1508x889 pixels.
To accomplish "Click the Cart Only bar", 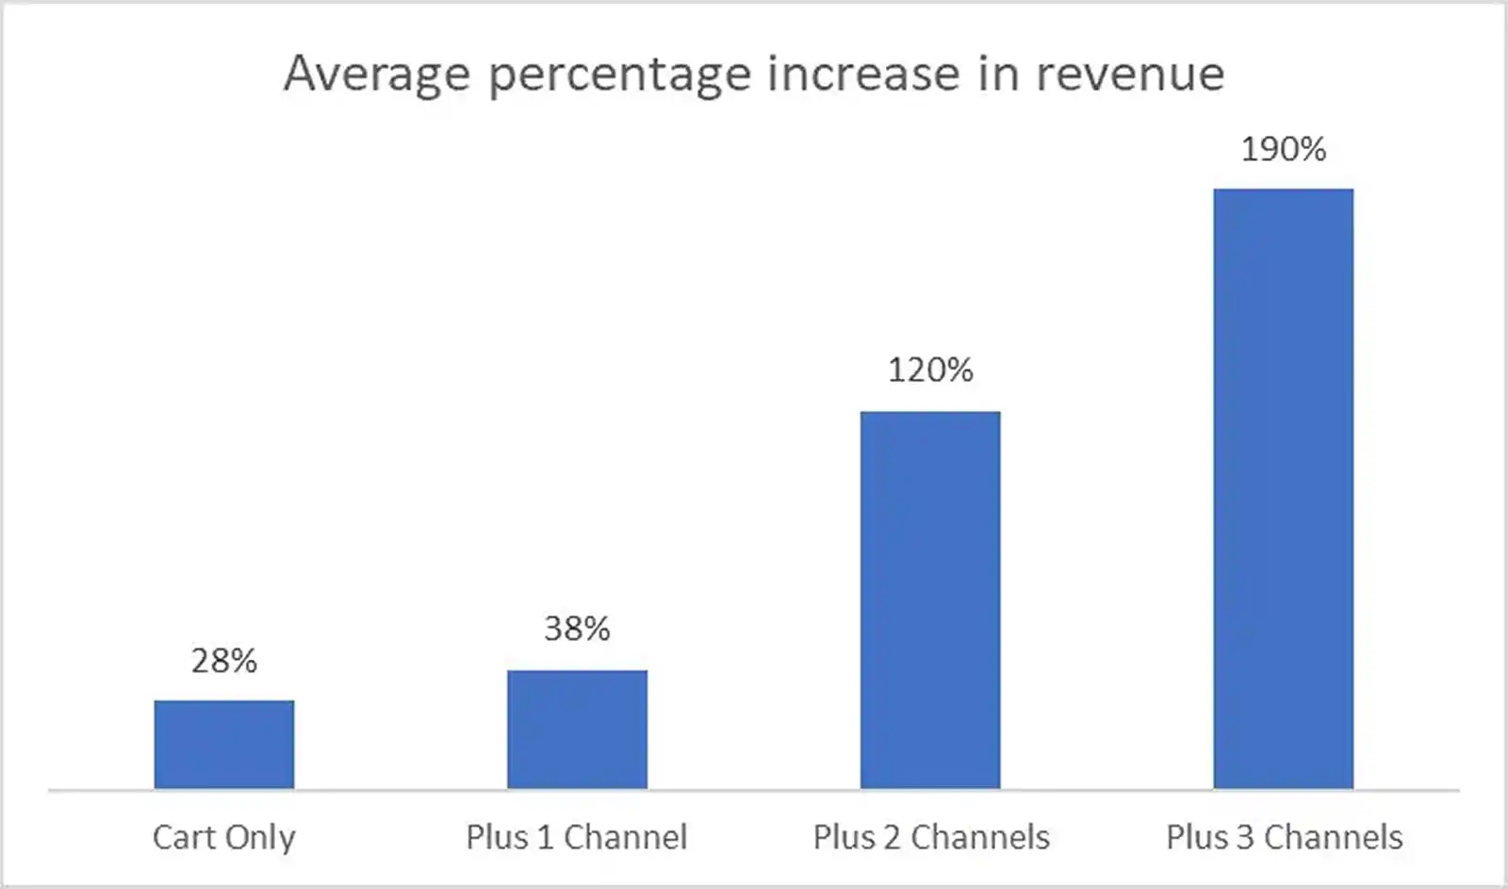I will [224, 744].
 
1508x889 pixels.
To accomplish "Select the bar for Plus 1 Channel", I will [577, 729].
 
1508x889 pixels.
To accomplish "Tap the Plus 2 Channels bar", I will [930, 600].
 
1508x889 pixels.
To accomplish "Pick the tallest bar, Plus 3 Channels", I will [1283, 488].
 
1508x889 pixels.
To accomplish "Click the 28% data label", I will [224, 661].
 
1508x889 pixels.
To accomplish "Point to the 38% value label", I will [577, 629].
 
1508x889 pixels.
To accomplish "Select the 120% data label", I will [930, 370].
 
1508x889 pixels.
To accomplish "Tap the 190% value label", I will [1283, 149].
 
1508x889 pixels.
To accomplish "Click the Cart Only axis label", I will [224, 837].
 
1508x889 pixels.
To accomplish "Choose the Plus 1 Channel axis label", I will [577, 837].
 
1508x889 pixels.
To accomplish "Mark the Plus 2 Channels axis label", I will [931, 837].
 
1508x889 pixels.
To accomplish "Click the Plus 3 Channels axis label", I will [1284, 837].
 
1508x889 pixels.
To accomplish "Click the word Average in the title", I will [377, 74].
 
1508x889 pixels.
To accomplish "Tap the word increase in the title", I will [863, 74].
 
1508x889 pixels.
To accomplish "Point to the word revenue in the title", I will [1130, 74].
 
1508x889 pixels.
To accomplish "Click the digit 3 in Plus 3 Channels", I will [1244, 837].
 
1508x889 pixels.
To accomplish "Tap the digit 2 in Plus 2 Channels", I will [892, 837].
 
